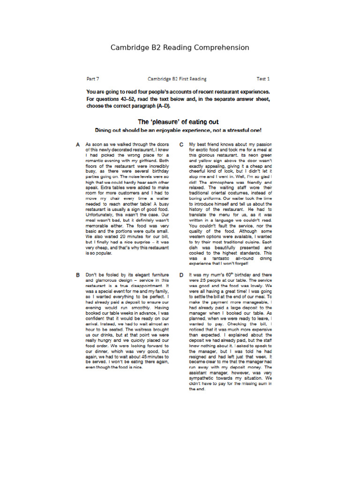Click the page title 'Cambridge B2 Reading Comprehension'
click(180, 48)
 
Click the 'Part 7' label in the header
click(93, 79)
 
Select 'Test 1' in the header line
click(263, 79)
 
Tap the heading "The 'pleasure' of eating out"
click(178, 122)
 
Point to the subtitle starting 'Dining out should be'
click(178, 130)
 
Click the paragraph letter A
click(78, 145)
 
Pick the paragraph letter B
click(78, 275)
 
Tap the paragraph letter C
click(181, 145)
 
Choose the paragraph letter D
click(181, 275)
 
